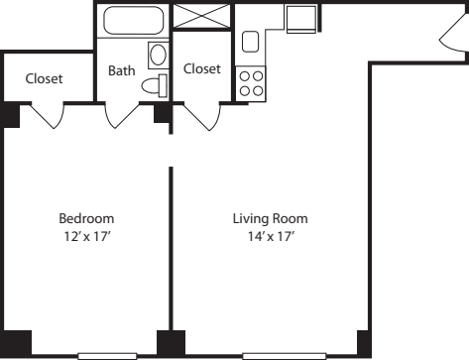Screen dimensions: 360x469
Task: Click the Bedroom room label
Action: pos(85,218)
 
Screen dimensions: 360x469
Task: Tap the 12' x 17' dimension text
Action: pos(85,237)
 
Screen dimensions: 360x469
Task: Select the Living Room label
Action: pos(270,218)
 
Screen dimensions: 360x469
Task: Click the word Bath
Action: pos(121,70)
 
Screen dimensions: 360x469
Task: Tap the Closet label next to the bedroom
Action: pos(44,78)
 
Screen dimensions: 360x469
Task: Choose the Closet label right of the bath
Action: pos(201,69)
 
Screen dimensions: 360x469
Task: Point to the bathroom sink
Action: pos(157,55)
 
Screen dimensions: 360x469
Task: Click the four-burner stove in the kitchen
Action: pos(250,81)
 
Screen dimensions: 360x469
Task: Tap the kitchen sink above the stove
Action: pos(251,42)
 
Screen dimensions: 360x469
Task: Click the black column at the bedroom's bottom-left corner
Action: pos(17,343)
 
